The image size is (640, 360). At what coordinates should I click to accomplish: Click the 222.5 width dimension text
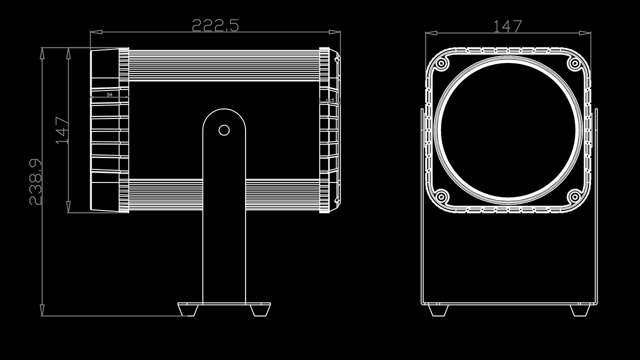[x=215, y=25]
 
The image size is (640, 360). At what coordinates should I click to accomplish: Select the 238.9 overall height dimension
[x=35, y=182]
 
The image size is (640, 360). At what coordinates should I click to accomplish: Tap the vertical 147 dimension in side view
[x=62, y=130]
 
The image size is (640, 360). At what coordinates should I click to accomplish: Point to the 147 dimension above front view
[x=507, y=26]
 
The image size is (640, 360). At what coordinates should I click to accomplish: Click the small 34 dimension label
[x=109, y=94]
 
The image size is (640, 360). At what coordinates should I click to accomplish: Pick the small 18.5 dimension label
[x=329, y=100]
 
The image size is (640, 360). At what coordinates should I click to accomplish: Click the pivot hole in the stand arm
[x=224, y=130]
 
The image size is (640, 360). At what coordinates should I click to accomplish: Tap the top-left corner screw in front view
[x=441, y=64]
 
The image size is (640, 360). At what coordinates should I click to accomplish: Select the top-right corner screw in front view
[x=574, y=64]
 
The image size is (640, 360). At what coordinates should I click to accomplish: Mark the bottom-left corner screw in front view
[x=441, y=196]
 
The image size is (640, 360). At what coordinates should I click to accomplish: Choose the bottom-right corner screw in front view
[x=574, y=196]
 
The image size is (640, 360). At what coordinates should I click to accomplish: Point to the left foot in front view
[x=437, y=310]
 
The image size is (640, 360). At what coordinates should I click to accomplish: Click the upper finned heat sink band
[x=224, y=65]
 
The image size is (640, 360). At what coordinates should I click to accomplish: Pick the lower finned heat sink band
[x=224, y=195]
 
